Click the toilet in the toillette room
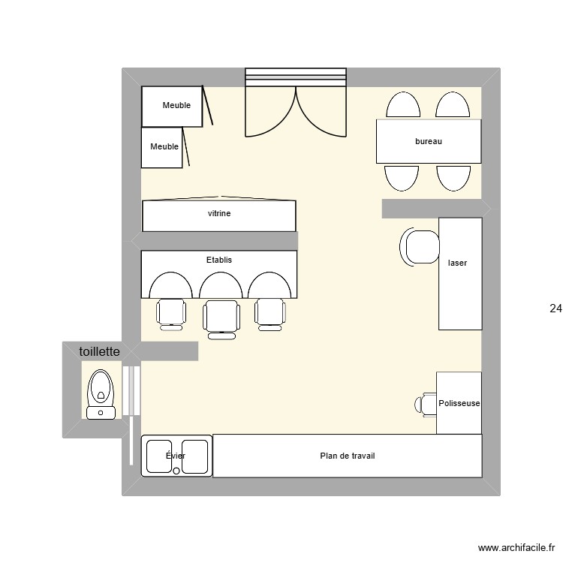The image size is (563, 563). click(101, 394)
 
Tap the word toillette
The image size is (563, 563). click(100, 351)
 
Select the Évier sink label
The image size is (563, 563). click(176, 456)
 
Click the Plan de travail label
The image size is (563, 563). click(347, 456)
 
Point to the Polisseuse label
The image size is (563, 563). click(459, 404)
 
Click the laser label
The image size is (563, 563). click(456, 263)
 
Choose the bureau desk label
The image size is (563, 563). click(428, 141)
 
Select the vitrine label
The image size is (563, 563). click(219, 214)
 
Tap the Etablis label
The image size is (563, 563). click(219, 260)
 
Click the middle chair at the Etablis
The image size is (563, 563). click(221, 315)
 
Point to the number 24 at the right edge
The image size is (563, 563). click(555, 308)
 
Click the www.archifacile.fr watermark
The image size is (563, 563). click(516, 549)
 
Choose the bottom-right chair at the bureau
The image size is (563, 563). click(453, 177)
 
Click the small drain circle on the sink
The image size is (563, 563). click(176, 471)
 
